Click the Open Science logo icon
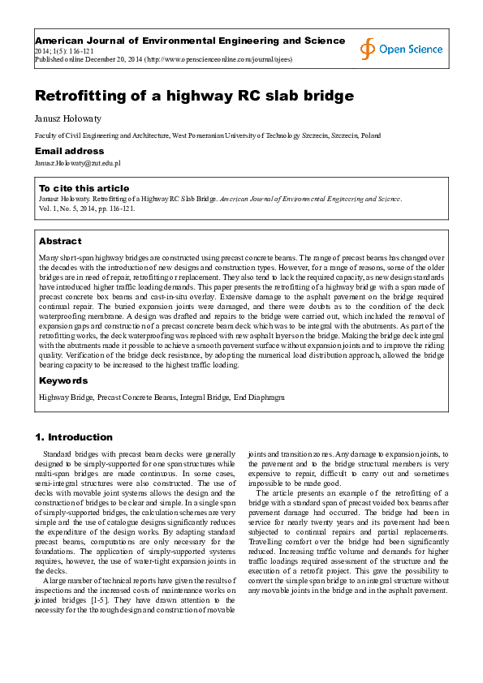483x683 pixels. [x=369, y=49]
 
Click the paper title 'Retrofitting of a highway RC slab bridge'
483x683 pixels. [x=194, y=96]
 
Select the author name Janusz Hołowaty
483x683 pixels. [x=63, y=118]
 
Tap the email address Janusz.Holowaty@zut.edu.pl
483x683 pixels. [x=77, y=163]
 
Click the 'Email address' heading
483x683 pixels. [x=69, y=151]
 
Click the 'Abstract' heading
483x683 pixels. [x=60, y=241]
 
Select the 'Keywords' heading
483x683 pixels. [x=63, y=380]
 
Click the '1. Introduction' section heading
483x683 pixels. [x=74, y=437]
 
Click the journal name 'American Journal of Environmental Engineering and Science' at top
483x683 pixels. [x=179, y=40]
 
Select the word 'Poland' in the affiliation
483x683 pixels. [x=371, y=135]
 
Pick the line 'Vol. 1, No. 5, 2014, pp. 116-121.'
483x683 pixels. [x=88, y=208]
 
